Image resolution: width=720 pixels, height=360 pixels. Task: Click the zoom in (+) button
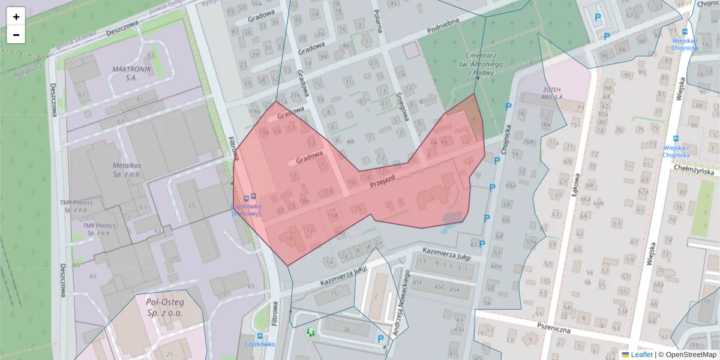click(x=16, y=17)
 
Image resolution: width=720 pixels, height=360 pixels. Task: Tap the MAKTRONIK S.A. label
click(x=132, y=73)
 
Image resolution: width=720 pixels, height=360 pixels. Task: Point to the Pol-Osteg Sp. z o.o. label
click(x=166, y=308)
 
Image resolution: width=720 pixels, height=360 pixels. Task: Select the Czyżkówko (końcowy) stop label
click(x=246, y=209)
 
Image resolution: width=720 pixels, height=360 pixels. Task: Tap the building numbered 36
click(x=346, y=329)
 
